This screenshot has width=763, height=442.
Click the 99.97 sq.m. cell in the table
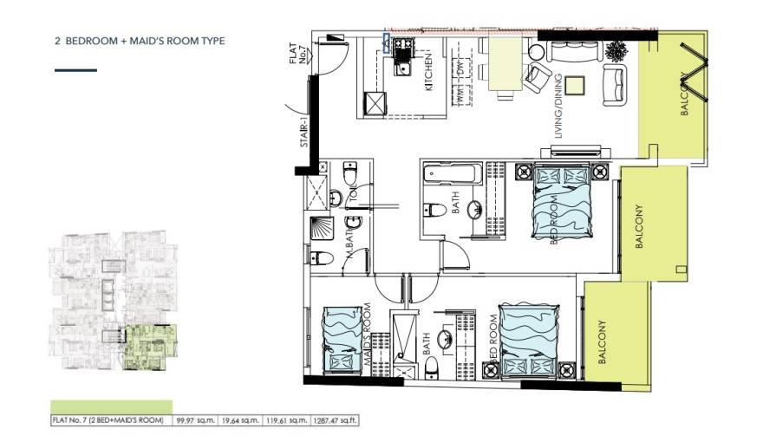click(193, 420)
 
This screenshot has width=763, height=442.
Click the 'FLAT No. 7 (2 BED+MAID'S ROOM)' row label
click(108, 420)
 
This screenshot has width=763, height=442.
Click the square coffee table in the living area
click(577, 85)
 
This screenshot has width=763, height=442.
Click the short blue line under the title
click(75, 70)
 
